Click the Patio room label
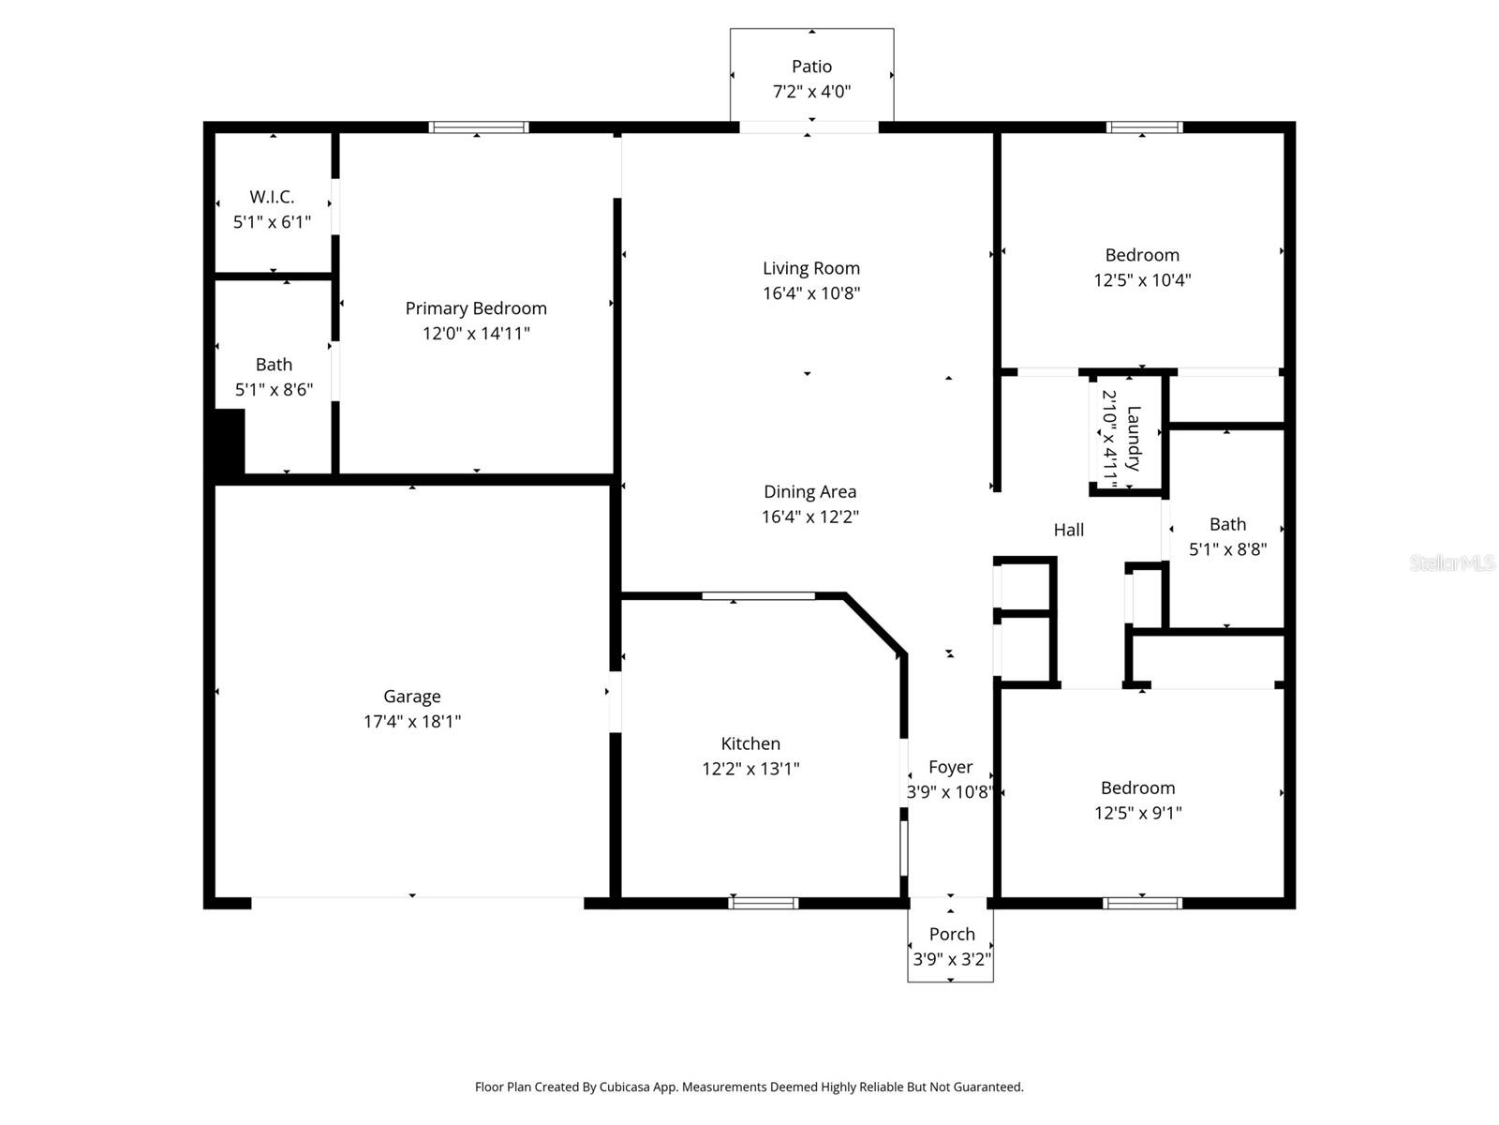click(811, 67)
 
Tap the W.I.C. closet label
click(272, 197)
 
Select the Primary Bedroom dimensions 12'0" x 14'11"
click(476, 334)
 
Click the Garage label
click(411, 697)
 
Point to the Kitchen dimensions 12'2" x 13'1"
click(750, 769)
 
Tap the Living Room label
click(810, 268)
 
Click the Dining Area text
click(809, 491)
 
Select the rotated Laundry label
click(1134, 438)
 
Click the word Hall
click(1068, 530)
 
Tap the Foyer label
click(950, 767)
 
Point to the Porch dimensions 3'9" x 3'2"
click(951, 960)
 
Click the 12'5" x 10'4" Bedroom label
click(1141, 255)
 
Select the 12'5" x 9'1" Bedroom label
click(1137, 788)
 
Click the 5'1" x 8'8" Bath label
click(1227, 525)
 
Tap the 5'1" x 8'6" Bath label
click(274, 365)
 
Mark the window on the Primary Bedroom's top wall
click(479, 127)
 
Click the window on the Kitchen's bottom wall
click(764, 903)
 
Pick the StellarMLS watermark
click(1452, 562)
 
